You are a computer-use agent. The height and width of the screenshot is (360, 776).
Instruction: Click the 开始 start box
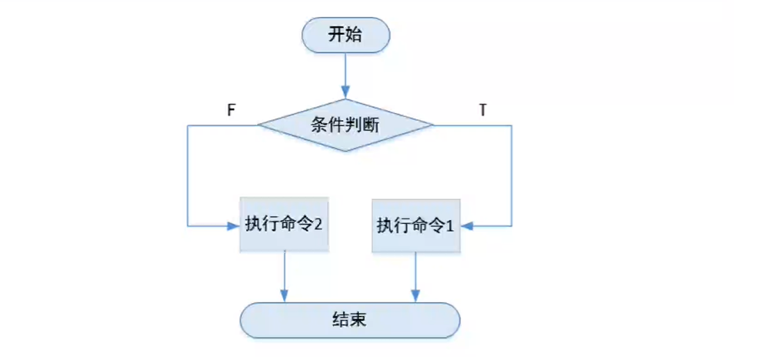coord(345,35)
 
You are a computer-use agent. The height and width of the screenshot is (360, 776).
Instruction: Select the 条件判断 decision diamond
coord(345,125)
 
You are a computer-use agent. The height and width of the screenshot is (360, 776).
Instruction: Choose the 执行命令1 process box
coord(416,225)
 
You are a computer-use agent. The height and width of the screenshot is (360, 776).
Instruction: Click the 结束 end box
coord(349,319)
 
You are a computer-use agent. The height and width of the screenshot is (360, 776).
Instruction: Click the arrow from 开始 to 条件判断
coord(345,77)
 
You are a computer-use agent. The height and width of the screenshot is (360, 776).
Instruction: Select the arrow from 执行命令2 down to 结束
coord(285,275)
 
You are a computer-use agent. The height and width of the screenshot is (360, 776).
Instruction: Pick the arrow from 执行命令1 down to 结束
coord(416,275)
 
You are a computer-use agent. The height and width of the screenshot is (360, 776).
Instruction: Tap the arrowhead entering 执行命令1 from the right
coord(468,225)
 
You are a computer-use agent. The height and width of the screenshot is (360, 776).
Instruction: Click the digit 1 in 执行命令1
coord(450,225)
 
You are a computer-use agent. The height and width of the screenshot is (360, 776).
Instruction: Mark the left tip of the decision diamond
coord(258,125)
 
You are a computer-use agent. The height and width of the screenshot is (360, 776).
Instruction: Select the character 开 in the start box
coord(337,35)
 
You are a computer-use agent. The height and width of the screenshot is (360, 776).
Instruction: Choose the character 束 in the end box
coord(358,319)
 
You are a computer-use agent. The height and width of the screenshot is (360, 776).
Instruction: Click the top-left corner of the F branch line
coord(188,125)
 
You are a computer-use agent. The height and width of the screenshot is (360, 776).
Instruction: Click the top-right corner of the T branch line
coord(511,125)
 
